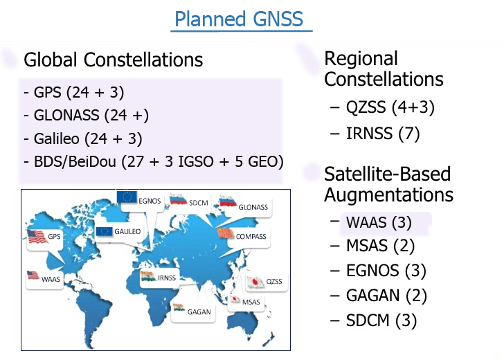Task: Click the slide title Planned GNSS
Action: pyautogui.click(x=239, y=19)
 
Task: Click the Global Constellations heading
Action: pyautogui.click(x=113, y=60)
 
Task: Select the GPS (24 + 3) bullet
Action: pyautogui.click(x=74, y=93)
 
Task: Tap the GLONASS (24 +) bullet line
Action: pyautogui.click(x=86, y=116)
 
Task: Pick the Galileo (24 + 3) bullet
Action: pyautogui.click(x=83, y=139)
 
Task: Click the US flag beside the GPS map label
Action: pyautogui.click(x=37, y=237)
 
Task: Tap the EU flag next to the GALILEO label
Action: pyautogui.click(x=104, y=231)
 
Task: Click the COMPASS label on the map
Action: pyautogui.click(x=251, y=237)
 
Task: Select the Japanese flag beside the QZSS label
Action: pyautogui.click(x=255, y=282)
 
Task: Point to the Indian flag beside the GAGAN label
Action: pyautogui.click(x=179, y=307)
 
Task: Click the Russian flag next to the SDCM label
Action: pyautogui.click(x=178, y=199)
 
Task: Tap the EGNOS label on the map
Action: pyautogui.click(x=150, y=201)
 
